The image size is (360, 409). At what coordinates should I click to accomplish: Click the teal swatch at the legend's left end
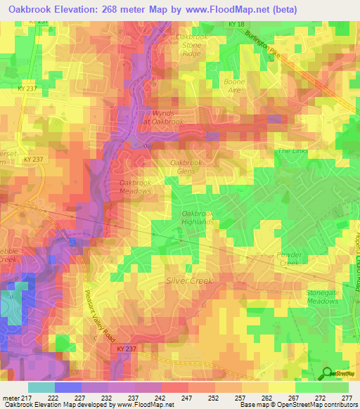pyautogui.click(x=41, y=387)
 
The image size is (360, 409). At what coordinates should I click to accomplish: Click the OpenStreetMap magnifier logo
pyautogui.click(x=328, y=374)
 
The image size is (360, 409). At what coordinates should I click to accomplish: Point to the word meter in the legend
pyautogui.click(x=10, y=397)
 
